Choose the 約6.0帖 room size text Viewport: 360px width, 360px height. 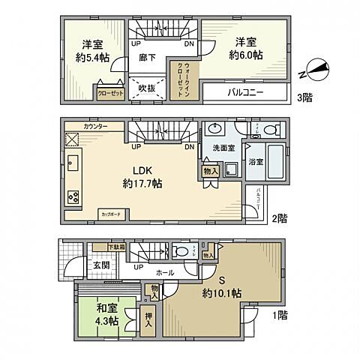(x=246, y=55)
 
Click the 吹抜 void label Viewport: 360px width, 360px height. (x=147, y=87)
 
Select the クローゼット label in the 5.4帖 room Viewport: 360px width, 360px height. (x=109, y=94)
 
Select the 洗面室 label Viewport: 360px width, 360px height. (x=223, y=148)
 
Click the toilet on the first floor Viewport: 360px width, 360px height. (x=179, y=251)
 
